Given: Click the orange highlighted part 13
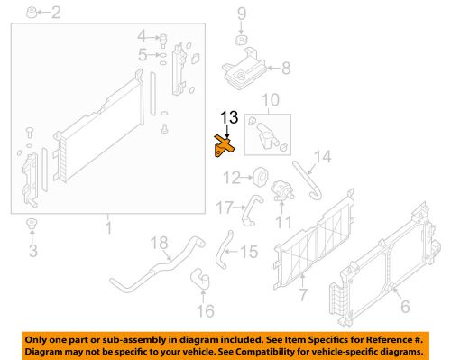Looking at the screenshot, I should coord(224,145).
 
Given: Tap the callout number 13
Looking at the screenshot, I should coord(230,117).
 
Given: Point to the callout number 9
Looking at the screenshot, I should coord(242,13).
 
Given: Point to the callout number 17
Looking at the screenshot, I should coord(225,208).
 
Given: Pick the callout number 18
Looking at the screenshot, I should coord(159,242).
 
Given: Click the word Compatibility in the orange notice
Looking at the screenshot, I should coord(270,350).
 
